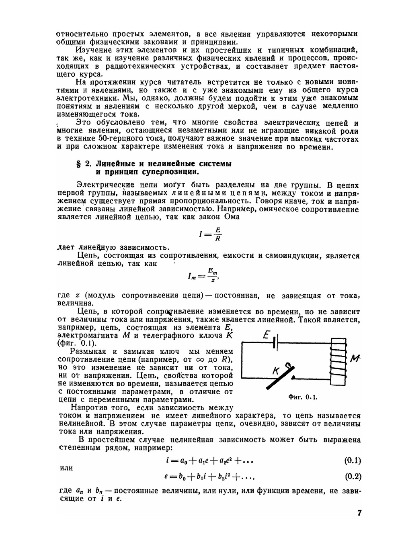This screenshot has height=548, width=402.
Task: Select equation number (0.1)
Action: coord(353,461)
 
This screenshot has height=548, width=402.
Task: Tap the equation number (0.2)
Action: coord(353,477)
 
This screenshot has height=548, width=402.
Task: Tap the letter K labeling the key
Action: coord(276,372)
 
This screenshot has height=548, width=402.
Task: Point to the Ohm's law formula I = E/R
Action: coord(210,234)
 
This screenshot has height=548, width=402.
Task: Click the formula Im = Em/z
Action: coord(204,276)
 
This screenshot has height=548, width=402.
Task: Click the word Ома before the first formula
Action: coord(231,217)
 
